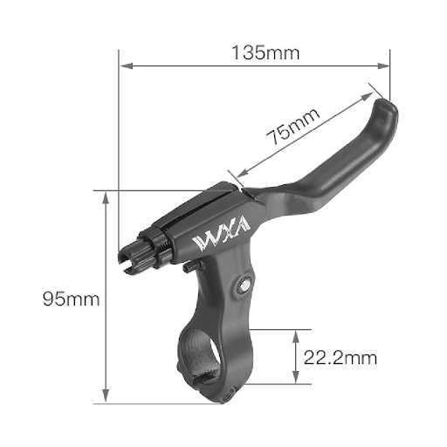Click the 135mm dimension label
(x=265, y=52)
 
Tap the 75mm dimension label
(x=292, y=127)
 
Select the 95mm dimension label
(x=72, y=299)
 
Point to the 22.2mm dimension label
(x=340, y=357)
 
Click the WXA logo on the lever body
(x=221, y=234)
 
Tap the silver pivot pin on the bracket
(x=244, y=285)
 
